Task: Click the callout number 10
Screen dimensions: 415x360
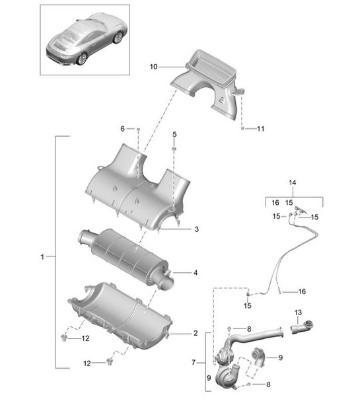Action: [x=153, y=67]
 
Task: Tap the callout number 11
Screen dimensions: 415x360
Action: [x=260, y=128]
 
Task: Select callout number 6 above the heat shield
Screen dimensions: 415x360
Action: [x=122, y=128]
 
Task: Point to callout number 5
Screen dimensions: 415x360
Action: [x=174, y=134]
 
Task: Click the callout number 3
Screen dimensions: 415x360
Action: [x=196, y=229]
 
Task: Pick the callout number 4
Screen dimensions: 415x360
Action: [x=196, y=272]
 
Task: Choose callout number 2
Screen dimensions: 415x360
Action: [x=196, y=333]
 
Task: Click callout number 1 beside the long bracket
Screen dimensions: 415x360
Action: [x=42, y=256]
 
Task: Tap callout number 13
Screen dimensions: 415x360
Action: [x=297, y=312]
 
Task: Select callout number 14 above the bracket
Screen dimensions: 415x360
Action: [x=293, y=182]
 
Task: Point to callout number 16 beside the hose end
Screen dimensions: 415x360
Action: [x=302, y=291]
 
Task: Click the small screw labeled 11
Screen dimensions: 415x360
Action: [x=242, y=128]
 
